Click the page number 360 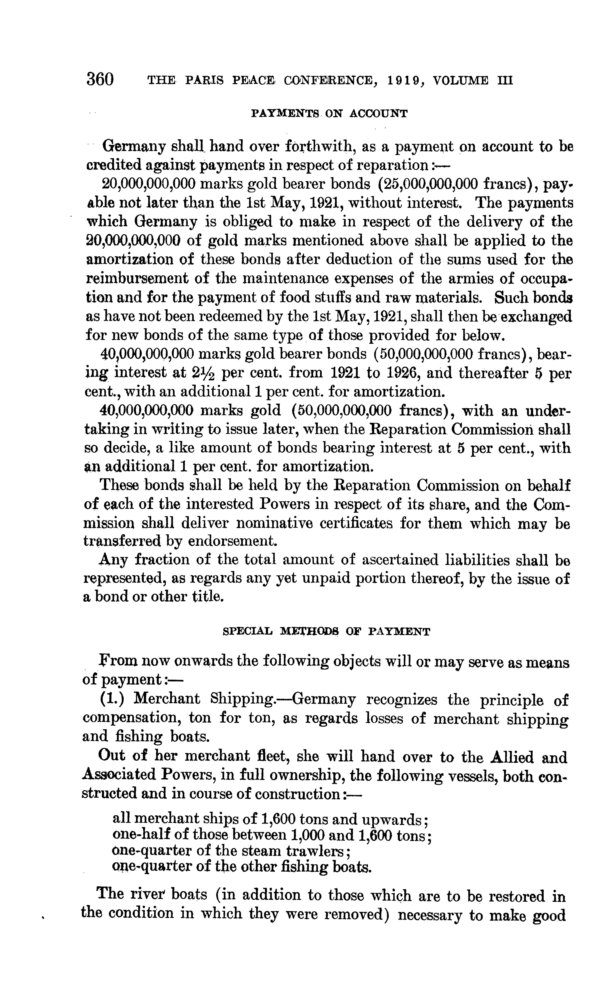coord(100,79)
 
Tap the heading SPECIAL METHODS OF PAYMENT coord(326,632)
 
